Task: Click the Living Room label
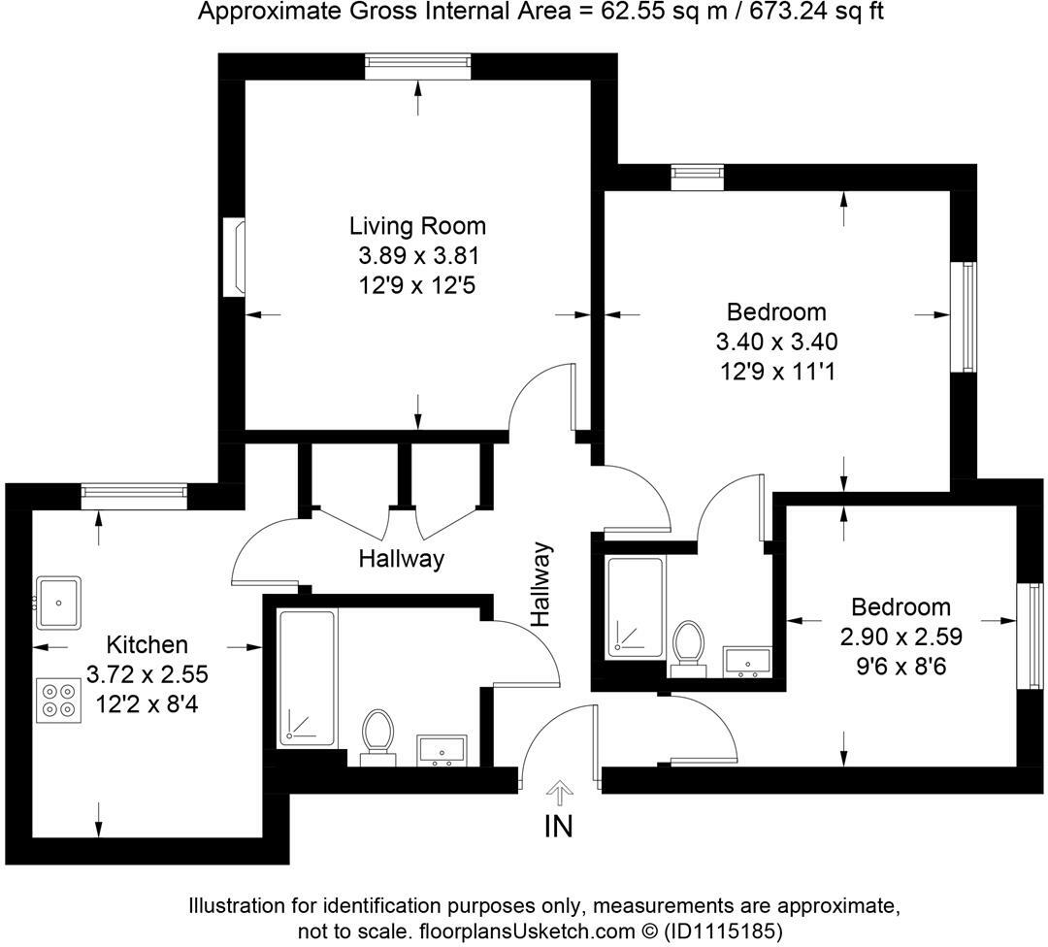(417, 226)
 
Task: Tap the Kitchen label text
(147, 644)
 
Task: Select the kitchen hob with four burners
(59, 700)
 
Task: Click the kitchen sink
(58, 602)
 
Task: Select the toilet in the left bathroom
(377, 735)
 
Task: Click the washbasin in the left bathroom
(442, 750)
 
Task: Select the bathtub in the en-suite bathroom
(636, 605)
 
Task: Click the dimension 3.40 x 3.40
(776, 342)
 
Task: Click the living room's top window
(418, 65)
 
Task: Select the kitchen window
(134, 495)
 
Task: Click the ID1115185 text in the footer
(722, 931)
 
